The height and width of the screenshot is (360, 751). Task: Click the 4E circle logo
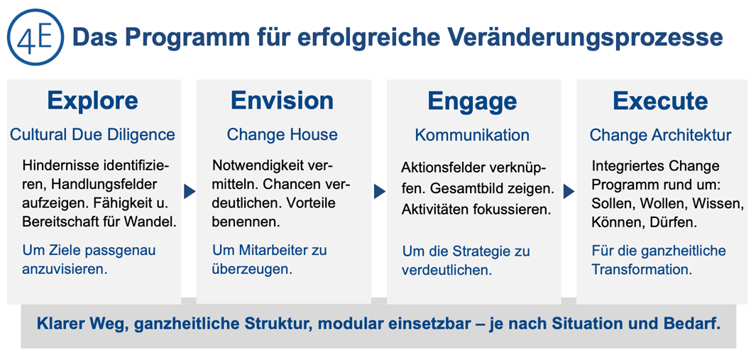[x=35, y=37]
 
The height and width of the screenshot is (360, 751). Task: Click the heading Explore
[x=92, y=101]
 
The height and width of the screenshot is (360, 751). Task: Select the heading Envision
[x=282, y=101]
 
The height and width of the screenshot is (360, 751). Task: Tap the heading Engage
[x=472, y=102]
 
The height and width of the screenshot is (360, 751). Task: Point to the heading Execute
[x=660, y=101]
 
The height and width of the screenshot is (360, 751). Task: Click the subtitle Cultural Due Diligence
[x=92, y=135]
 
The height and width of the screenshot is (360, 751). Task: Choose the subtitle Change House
[x=282, y=135]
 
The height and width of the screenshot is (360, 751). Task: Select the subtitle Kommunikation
[x=472, y=135]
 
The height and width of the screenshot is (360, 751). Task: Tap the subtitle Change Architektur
[x=660, y=135]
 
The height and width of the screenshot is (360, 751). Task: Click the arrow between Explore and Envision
[x=190, y=192]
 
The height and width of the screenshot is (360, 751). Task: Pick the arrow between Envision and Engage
[x=379, y=192]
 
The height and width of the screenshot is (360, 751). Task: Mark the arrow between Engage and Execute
[x=569, y=192]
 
